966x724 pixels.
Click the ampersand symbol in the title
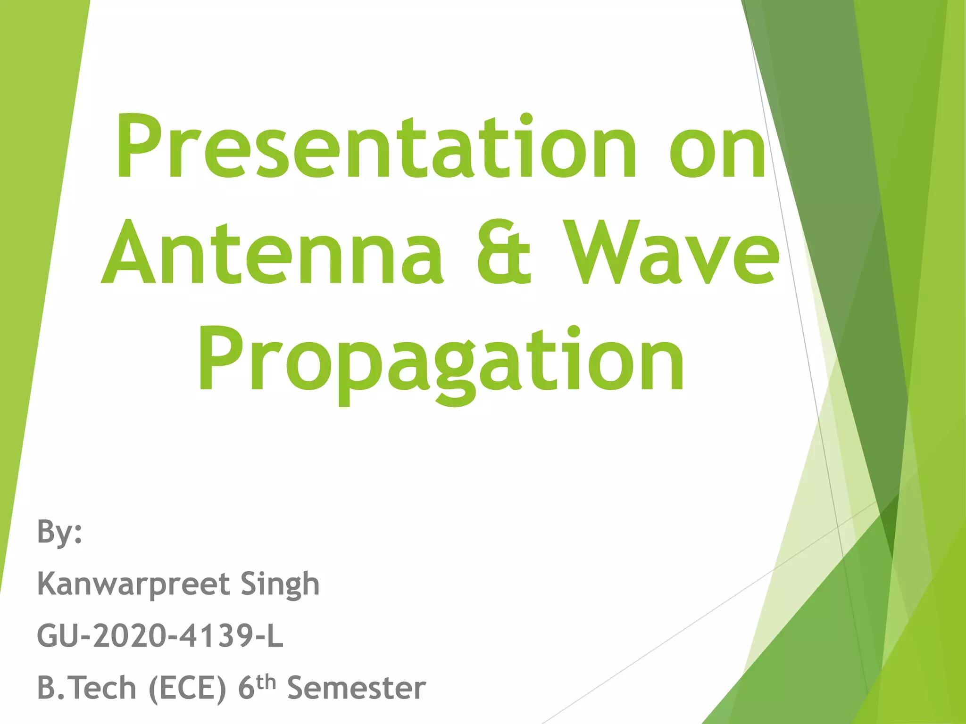503,254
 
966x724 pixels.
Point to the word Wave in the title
672,254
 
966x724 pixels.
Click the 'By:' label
59,532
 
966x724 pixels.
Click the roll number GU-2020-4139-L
160,636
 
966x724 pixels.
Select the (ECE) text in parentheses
188,689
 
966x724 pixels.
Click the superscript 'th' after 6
266,682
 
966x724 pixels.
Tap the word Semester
357,688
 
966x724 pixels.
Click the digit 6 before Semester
247,688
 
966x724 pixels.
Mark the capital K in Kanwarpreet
48,584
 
